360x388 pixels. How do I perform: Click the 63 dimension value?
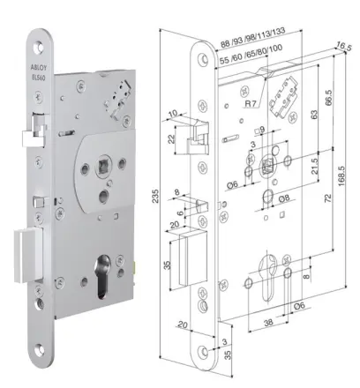pyautogui.click(x=315, y=115)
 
